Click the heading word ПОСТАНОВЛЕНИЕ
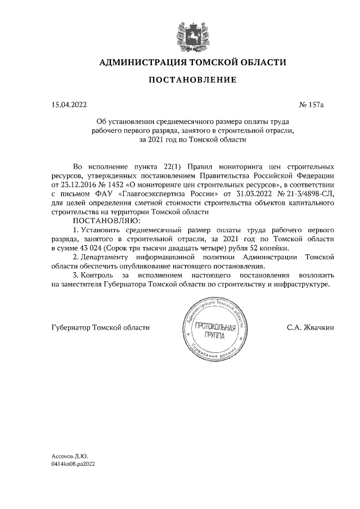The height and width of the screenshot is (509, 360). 192,80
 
